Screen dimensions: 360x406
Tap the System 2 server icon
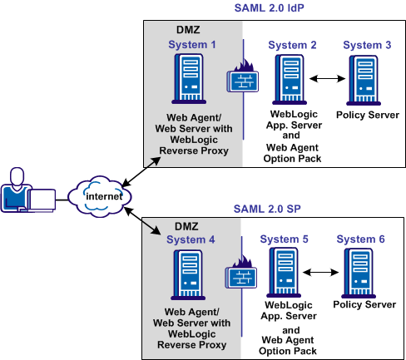[x=290, y=78]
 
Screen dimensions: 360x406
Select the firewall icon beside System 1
[x=241, y=80]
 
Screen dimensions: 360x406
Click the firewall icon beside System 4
[x=240, y=274]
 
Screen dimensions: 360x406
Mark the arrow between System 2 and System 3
[x=326, y=79]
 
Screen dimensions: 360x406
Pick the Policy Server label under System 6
[x=364, y=304]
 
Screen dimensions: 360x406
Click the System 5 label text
[x=284, y=239]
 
